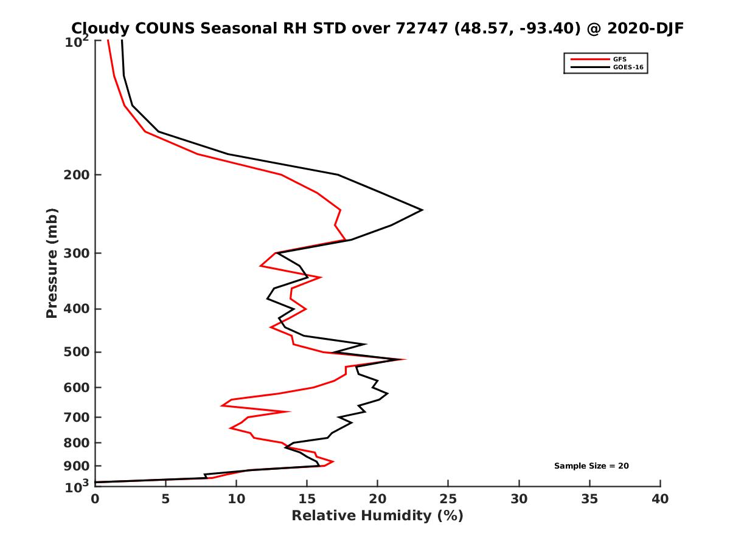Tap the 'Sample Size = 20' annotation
tap(591, 466)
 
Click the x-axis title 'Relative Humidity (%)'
tap(377, 516)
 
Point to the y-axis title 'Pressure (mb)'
tap(52, 263)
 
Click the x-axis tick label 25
tap(448, 499)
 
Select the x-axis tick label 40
tap(660, 499)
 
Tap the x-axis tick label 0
tap(95, 499)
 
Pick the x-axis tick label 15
tap(307, 499)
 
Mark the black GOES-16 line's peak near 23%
tap(422, 210)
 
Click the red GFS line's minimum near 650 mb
tap(222, 405)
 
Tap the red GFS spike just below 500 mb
tap(405, 360)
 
